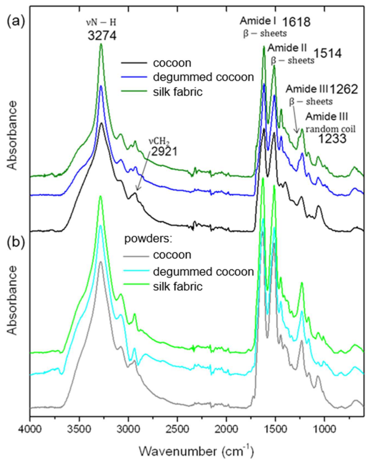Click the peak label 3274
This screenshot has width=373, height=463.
pyautogui.click(x=102, y=36)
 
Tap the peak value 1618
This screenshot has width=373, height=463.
pyautogui.click(x=296, y=22)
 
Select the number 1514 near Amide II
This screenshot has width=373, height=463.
pyautogui.click(x=327, y=53)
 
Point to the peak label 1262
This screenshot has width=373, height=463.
pyautogui.click(x=344, y=89)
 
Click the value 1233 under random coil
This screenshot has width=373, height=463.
pyautogui.click(x=332, y=139)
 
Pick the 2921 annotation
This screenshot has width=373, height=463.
pyautogui.click(x=165, y=151)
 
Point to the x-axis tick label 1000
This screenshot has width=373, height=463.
pyautogui.click(x=324, y=428)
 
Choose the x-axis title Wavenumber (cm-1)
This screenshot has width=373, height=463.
pyautogui.click(x=196, y=451)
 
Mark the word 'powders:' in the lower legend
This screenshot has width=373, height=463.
pyautogui.click(x=148, y=239)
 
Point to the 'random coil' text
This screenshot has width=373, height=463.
pyautogui.click(x=330, y=129)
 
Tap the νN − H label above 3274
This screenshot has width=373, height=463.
pyautogui.click(x=101, y=22)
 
